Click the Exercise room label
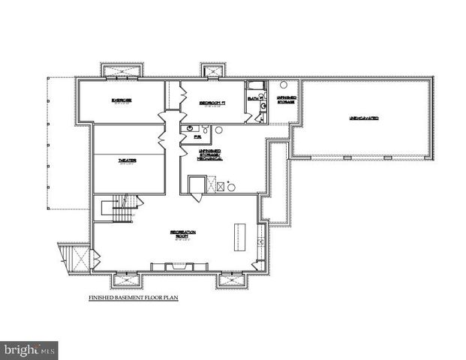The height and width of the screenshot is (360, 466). pyautogui.click(x=122, y=100)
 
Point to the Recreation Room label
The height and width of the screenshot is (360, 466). pyautogui.click(x=182, y=235)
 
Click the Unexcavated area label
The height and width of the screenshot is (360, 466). pyautogui.click(x=363, y=118)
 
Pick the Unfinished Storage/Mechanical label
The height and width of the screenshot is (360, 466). pyautogui.click(x=209, y=154)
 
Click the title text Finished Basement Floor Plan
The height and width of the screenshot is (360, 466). pyautogui.click(x=134, y=298)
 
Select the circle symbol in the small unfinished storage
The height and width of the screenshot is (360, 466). pyautogui.click(x=284, y=85)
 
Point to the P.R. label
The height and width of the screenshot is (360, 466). pyautogui.click(x=197, y=137)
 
